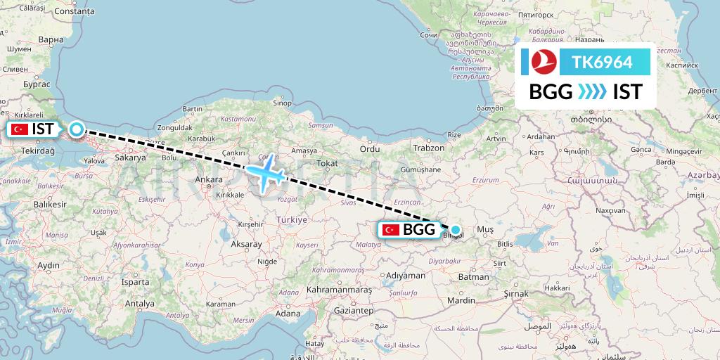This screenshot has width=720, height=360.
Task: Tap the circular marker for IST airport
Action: click(76, 129)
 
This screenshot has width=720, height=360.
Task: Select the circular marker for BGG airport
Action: click(456, 229)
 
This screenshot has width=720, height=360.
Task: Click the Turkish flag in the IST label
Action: click(20, 129)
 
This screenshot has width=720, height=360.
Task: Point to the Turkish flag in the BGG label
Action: click(390, 230)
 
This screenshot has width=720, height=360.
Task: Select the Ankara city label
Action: click(208, 179)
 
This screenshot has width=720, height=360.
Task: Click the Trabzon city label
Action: click(430, 148)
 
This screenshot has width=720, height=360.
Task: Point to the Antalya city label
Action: click(139, 304)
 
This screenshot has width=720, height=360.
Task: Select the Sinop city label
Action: click(282, 103)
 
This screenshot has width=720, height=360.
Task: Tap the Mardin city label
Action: click(463, 301)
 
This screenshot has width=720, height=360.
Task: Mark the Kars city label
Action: click(537, 153)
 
